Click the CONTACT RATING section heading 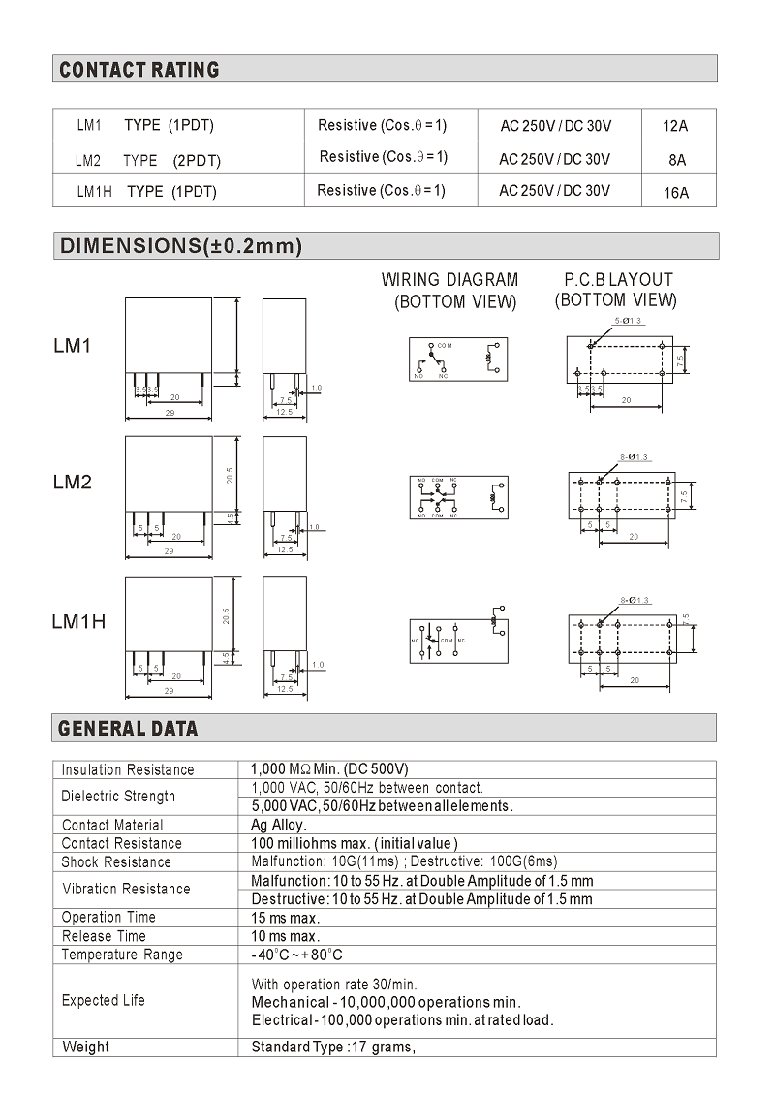point(139,70)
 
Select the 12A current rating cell point(675,126)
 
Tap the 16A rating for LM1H point(676,192)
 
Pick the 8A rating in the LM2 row point(676,160)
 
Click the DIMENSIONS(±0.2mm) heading point(181,246)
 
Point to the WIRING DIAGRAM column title point(449,280)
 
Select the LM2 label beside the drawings point(73,482)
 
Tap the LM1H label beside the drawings point(78,621)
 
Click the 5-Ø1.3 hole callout point(630,320)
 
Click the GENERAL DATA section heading point(128,729)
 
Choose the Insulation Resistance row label point(128,769)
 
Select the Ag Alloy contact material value point(279,825)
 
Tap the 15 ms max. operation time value point(285,917)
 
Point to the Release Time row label point(104,936)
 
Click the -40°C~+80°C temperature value point(296,955)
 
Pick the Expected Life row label point(104,1000)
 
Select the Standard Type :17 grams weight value point(332,1047)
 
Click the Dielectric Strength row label point(118,797)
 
